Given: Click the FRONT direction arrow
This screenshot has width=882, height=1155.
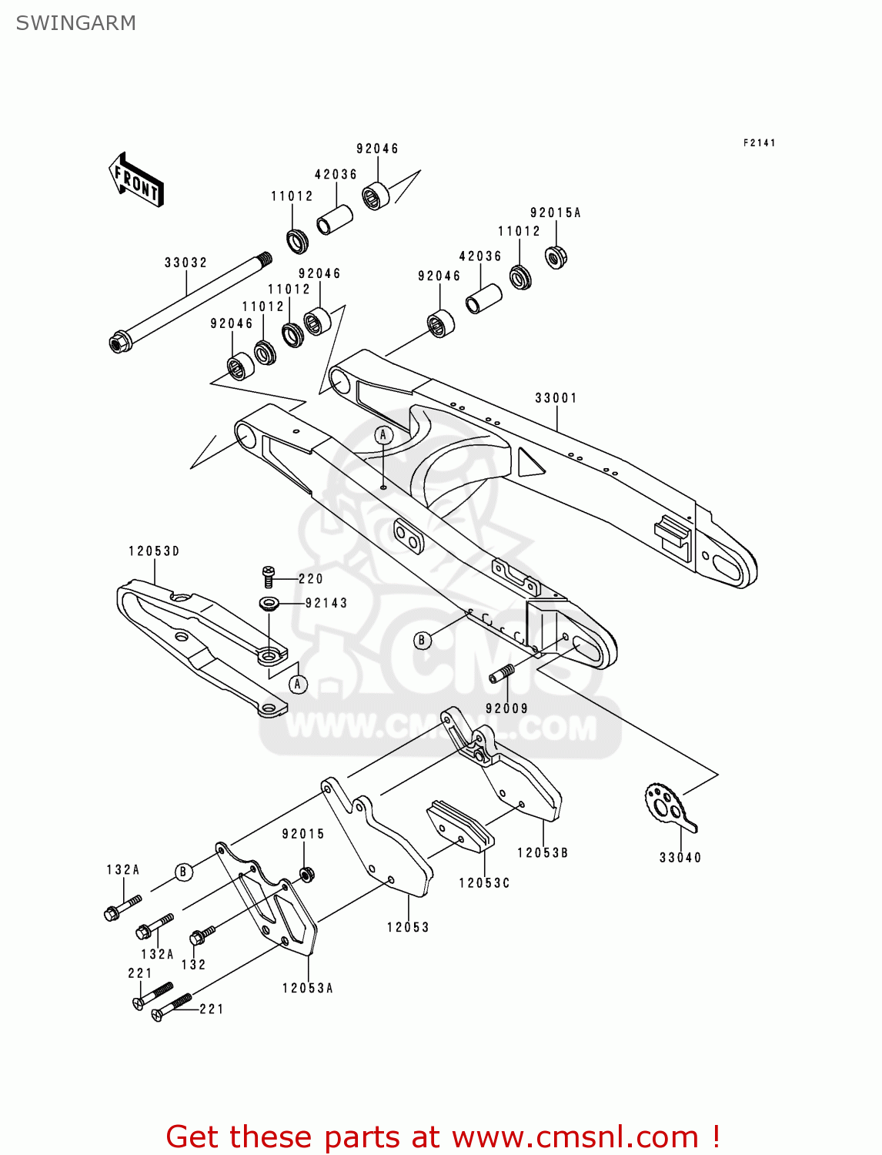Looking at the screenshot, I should tap(136, 180).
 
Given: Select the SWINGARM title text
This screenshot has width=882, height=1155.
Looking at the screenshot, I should tap(75, 23).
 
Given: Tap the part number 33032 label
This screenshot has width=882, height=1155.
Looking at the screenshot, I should tap(185, 263).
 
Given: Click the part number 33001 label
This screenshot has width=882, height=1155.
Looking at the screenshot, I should tap(556, 398).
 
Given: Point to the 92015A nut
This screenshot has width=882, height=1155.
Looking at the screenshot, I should tap(556, 256).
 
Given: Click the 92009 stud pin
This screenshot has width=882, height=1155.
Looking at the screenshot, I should tap(505, 675).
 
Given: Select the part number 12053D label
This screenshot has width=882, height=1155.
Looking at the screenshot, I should tap(154, 551).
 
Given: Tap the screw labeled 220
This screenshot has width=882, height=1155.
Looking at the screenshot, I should tap(268, 575).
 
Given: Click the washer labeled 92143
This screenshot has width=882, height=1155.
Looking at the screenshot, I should tap(269, 603).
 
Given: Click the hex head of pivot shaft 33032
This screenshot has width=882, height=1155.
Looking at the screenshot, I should tap(119, 342).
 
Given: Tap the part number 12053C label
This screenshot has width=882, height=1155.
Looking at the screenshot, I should tap(484, 883).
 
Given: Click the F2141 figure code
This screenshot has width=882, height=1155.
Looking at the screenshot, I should tap(759, 143).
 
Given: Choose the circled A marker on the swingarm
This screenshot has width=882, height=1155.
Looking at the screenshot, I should tap(383, 435).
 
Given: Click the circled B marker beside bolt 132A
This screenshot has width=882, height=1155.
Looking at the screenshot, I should tap(183, 872).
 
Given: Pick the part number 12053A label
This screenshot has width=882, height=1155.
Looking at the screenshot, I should tap(307, 988).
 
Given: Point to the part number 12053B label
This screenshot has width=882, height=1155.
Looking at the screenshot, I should tap(542, 853).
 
